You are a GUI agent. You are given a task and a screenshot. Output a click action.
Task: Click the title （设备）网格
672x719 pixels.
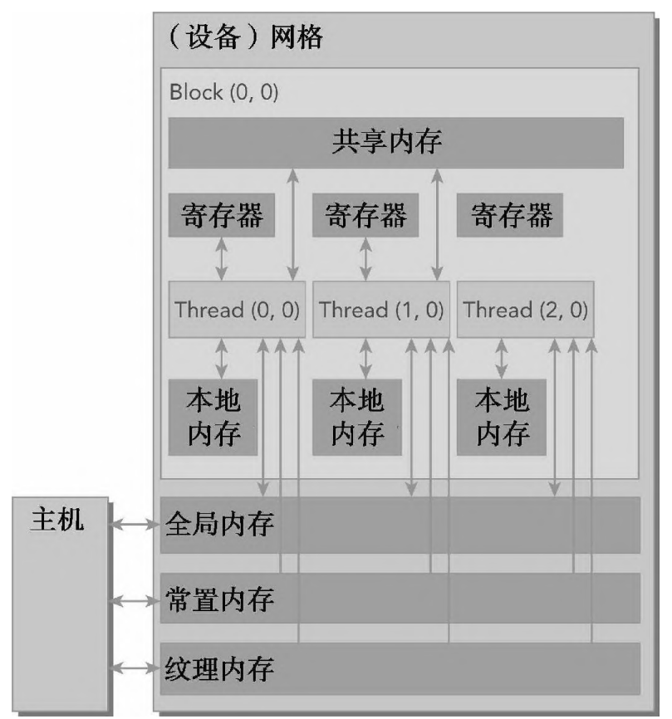(245, 38)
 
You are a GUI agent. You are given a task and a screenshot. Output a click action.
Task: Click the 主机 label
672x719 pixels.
(57, 521)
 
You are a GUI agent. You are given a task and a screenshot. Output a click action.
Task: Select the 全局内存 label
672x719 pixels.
(220, 525)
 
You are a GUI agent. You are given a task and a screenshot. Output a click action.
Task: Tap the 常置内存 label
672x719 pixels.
(220, 598)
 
